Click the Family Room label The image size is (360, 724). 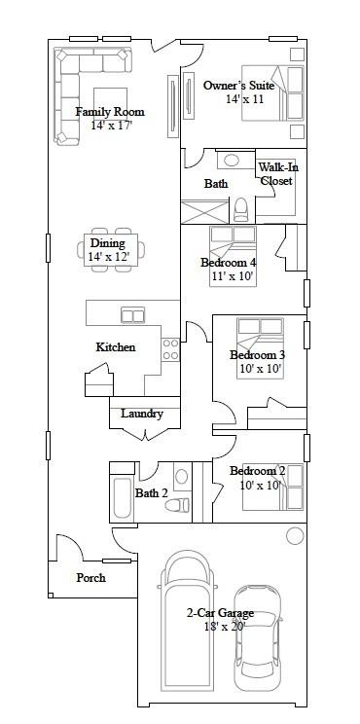(x=110, y=112)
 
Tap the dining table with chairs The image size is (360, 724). (x=111, y=249)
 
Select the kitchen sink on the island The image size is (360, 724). (x=133, y=315)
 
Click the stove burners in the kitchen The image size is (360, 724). (x=170, y=349)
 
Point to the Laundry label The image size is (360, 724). (x=142, y=414)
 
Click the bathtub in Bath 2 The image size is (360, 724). (x=123, y=498)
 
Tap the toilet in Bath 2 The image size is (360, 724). (x=178, y=505)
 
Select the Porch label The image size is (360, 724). (x=90, y=578)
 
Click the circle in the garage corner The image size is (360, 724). (x=295, y=535)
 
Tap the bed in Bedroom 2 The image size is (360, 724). (x=272, y=488)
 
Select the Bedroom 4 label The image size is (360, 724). (x=228, y=263)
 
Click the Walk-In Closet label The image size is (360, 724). (x=277, y=173)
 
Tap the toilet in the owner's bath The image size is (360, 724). (x=241, y=210)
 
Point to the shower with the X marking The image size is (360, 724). (x=205, y=212)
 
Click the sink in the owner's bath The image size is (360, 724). (x=233, y=161)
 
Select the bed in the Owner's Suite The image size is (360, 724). (x=272, y=92)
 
